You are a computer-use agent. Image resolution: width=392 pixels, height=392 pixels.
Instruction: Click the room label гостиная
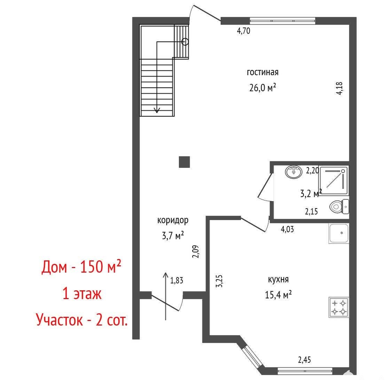click(262, 72)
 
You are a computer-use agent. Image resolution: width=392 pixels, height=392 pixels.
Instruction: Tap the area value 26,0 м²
click(262, 87)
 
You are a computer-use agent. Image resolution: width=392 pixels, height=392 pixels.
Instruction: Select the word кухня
click(278, 279)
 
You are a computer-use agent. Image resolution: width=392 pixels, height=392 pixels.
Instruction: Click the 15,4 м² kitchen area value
click(278, 295)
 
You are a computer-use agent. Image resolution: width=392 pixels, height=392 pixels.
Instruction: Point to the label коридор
click(173, 220)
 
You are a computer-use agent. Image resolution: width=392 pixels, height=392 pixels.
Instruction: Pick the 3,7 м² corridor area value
click(173, 235)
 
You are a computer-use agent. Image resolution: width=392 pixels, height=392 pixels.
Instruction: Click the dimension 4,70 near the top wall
click(243, 31)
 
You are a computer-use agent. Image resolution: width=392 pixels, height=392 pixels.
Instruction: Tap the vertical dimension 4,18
click(339, 88)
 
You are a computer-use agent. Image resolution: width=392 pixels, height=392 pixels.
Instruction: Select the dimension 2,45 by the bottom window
click(305, 360)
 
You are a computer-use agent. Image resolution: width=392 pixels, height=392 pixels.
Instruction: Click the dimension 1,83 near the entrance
click(177, 281)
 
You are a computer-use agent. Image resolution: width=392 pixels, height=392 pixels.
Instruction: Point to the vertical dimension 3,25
click(220, 281)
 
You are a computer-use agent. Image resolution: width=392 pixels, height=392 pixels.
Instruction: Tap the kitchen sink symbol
click(339, 234)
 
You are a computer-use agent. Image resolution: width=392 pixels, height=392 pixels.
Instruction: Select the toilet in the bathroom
click(339, 206)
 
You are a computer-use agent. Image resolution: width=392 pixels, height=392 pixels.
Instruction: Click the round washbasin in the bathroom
click(293, 172)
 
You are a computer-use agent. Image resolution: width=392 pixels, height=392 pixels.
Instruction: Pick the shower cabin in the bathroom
click(334, 181)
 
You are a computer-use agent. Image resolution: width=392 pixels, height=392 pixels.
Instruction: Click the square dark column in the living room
click(184, 162)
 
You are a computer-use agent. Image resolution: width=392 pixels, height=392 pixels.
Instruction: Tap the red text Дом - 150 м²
click(81, 267)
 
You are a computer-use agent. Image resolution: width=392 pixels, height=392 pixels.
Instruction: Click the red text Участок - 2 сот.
click(82, 319)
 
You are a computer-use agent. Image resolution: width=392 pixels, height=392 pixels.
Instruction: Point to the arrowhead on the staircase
click(157, 110)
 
